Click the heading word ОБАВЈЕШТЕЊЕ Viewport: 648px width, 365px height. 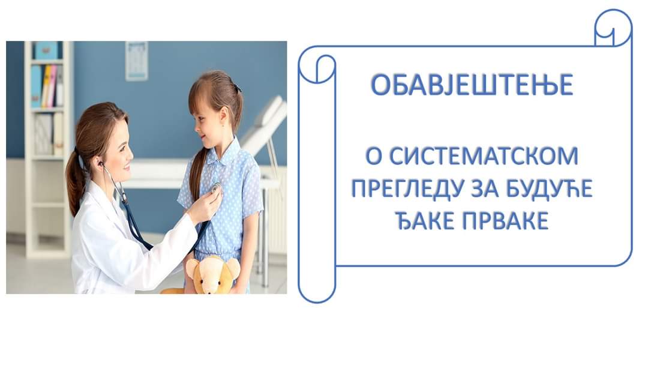click(472, 85)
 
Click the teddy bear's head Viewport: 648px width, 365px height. click(212, 274)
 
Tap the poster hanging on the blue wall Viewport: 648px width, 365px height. click(136, 61)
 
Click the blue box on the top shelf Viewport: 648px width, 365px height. click(47, 50)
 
